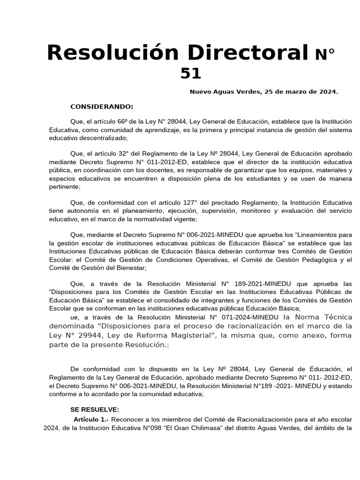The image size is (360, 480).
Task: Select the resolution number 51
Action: [x=190, y=73]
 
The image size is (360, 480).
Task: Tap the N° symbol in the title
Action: [x=325, y=55]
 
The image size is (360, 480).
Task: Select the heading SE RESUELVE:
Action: [x=95, y=409]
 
